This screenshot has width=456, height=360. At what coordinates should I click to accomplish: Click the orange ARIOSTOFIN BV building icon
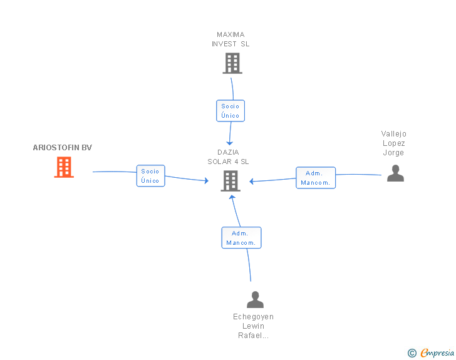[x=64, y=167]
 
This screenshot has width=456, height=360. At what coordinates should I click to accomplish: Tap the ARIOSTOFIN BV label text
[x=63, y=148]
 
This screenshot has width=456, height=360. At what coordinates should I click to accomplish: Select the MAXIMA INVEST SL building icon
[x=232, y=63]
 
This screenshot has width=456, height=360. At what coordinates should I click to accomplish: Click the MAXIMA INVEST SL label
[x=231, y=39]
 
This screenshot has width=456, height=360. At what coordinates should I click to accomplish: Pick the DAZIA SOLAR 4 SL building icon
[x=231, y=181]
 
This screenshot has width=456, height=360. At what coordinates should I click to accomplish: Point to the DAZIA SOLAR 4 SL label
[x=228, y=157]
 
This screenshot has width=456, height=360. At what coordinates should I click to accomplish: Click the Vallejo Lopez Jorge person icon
[x=395, y=173]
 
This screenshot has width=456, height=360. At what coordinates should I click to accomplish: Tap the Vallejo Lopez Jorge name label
[x=394, y=143]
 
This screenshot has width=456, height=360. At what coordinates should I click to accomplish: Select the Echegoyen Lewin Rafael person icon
[x=255, y=299]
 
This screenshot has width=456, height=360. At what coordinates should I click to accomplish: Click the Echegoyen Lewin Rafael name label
[x=253, y=326]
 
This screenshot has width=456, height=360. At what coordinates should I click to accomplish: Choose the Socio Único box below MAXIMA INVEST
[x=231, y=111]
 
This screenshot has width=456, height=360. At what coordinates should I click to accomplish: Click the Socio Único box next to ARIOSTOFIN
[x=150, y=176]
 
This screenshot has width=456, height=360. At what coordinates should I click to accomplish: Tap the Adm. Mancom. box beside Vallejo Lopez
[x=316, y=178]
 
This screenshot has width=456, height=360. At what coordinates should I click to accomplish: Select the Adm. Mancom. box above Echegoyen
[x=241, y=237]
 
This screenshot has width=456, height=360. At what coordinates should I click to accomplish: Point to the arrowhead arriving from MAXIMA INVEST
[x=229, y=143]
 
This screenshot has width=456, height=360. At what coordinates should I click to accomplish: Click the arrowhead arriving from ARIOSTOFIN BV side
[x=207, y=180]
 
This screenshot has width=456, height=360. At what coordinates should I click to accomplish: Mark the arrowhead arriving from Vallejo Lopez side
[x=252, y=182]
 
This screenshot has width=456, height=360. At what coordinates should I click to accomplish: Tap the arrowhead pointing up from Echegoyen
[x=232, y=197]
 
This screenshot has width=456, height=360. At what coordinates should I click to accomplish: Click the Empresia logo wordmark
[x=437, y=353]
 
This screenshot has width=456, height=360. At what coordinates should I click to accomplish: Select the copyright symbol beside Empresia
[x=412, y=353]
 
